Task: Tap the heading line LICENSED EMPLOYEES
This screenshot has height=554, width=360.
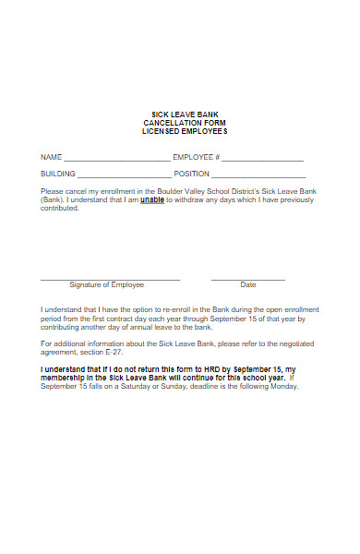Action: [x=185, y=131]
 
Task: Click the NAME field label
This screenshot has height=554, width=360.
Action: [x=51, y=157]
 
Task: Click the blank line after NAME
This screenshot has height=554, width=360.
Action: [x=116, y=159]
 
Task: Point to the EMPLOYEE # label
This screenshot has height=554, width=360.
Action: [x=197, y=157]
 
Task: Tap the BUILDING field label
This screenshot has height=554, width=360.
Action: [x=58, y=174]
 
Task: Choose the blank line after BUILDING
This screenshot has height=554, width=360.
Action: [x=124, y=175]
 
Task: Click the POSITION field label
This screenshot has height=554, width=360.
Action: [x=192, y=174]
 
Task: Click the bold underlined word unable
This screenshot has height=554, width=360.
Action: [x=152, y=199]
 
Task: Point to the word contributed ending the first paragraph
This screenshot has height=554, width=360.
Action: [x=60, y=208]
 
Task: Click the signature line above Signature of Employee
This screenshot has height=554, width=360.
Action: [x=110, y=279]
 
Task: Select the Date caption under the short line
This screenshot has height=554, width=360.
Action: [x=248, y=285]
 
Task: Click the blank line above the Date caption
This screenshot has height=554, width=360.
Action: [x=248, y=279]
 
